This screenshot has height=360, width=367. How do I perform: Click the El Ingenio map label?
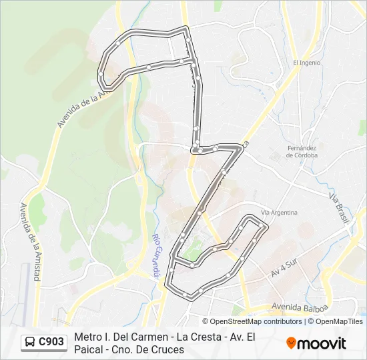[x=307, y=63]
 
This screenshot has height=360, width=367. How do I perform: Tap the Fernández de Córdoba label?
[x=302, y=151]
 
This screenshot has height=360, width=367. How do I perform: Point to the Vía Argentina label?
[x=279, y=212]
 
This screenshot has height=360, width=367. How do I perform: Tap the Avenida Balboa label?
[x=300, y=307]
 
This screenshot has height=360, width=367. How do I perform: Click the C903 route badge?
[x=51, y=342]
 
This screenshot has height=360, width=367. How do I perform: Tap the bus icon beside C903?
[x=31, y=342]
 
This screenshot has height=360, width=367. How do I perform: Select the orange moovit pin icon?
[x=291, y=343]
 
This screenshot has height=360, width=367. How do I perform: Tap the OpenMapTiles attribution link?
[x=340, y=321]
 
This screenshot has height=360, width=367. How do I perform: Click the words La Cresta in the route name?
[x=198, y=337]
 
